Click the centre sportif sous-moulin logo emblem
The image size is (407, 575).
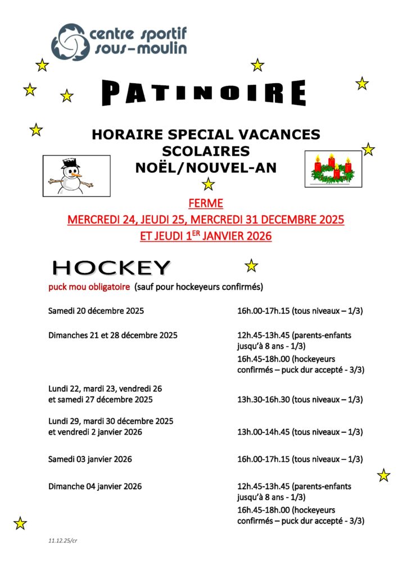(x=69, y=42)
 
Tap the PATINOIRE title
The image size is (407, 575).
(x=205, y=93)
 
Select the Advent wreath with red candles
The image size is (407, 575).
(x=333, y=169)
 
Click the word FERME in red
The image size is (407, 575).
(x=206, y=203)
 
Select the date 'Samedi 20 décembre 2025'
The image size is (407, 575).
(x=96, y=311)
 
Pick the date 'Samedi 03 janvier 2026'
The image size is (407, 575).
(x=90, y=459)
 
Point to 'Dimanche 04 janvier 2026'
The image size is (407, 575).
(x=95, y=486)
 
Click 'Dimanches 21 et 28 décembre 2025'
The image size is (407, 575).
(x=112, y=335)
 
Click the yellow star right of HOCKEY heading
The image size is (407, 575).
(x=251, y=266)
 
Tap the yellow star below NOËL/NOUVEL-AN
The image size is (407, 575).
(x=209, y=184)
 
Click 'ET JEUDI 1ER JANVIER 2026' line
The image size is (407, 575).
(x=206, y=236)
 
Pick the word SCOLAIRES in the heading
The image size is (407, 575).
(x=206, y=151)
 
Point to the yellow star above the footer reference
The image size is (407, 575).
(x=20, y=523)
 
